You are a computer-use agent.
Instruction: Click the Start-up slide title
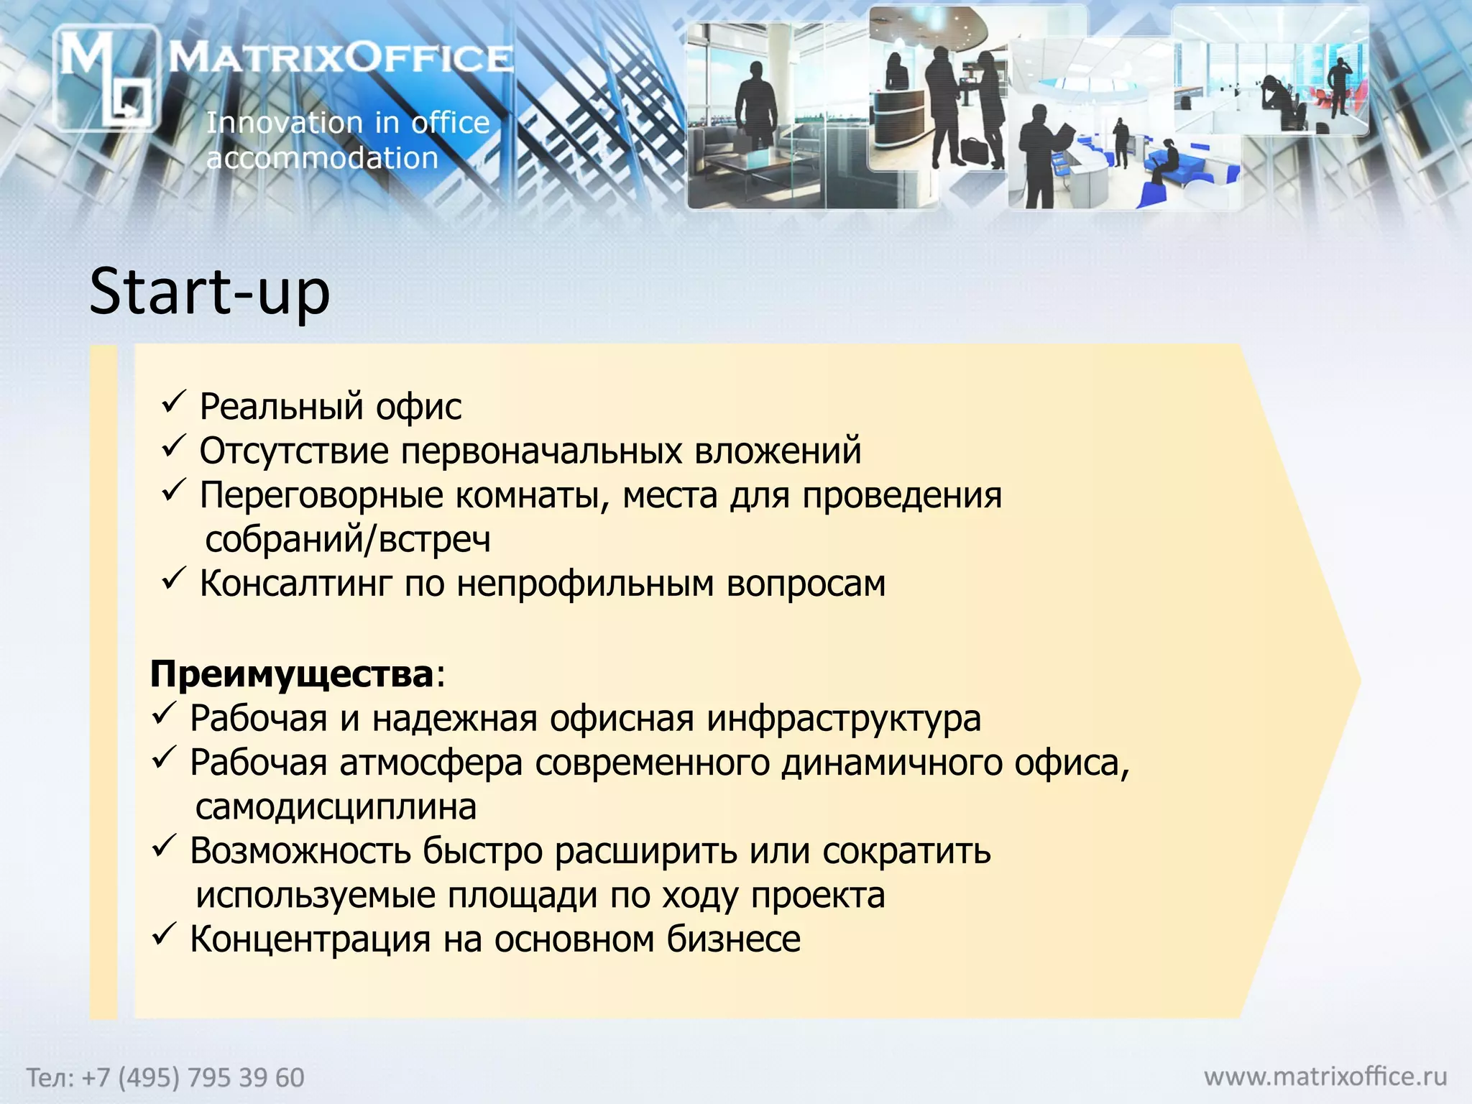tap(209, 292)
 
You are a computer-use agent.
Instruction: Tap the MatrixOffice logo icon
tap(106, 78)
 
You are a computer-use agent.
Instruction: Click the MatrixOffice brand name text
tap(341, 57)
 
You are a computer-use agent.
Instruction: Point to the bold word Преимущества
tap(292, 674)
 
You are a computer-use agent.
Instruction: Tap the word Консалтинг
tap(296, 583)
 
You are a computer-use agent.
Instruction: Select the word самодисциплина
tap(336, 807)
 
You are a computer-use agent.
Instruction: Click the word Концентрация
tap(310, 939)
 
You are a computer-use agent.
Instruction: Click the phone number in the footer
tap(166, 1077)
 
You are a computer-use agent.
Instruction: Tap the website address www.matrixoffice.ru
tap(1325, 1076)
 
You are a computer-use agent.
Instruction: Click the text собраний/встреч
tap(348, 539)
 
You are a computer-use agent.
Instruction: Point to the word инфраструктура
tap(844, 718)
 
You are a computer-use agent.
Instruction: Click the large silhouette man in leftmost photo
tap(755, 108)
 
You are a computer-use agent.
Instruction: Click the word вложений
tap(778, 451)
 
